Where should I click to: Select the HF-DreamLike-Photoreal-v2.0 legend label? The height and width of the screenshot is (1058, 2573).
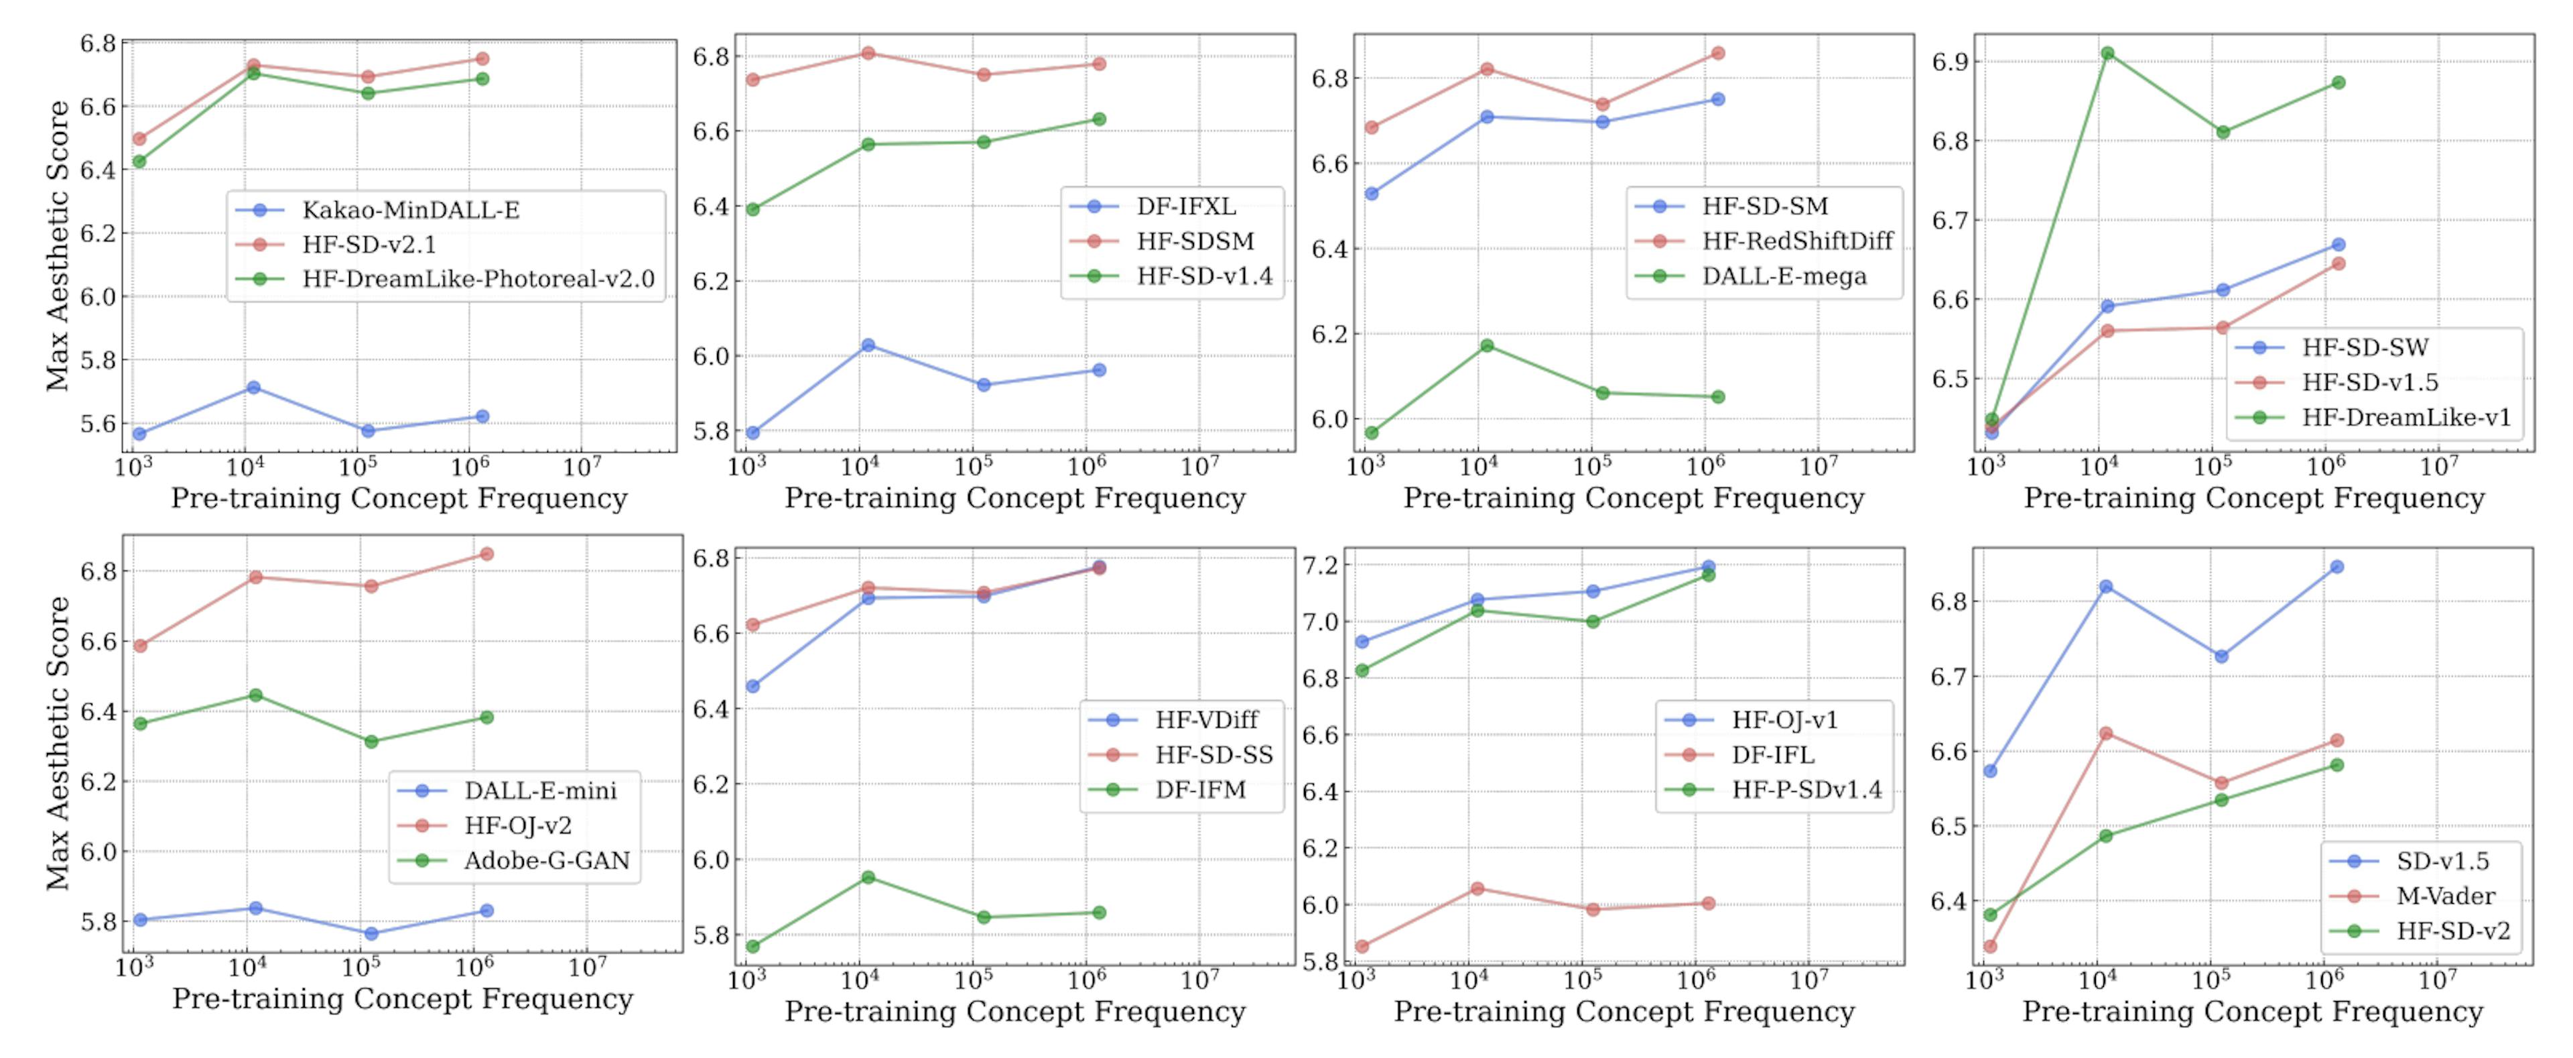click(x=478, y=279)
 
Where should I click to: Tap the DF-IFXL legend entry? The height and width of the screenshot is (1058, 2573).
click(x=1185, y=207)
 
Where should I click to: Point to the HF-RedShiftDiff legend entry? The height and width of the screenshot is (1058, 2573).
click(x=1797, y=241)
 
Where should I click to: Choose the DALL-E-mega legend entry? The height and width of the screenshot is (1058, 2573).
click(x=1784, y=276)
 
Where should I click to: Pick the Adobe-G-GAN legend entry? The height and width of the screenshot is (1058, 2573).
click(x=546, y=860)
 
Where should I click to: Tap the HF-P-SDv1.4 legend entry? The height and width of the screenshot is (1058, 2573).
click(x=1806, y=789)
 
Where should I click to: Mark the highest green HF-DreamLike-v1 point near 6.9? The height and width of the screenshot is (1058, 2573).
click(x=2107, y=54)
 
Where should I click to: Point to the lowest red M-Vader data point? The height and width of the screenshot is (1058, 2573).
click(x=1989, y=946)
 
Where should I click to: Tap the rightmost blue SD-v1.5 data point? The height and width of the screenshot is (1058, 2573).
click(x=2337, y=567)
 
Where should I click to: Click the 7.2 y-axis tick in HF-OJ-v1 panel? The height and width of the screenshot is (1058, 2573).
click(x=1321, y=565)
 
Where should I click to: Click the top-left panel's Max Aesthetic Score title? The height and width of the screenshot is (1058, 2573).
click(x=57, y=245)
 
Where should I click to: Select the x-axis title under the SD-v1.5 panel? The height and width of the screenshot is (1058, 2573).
click(x=2252, y=1011)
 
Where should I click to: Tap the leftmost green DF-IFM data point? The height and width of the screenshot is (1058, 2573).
click(x=753, y=946)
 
